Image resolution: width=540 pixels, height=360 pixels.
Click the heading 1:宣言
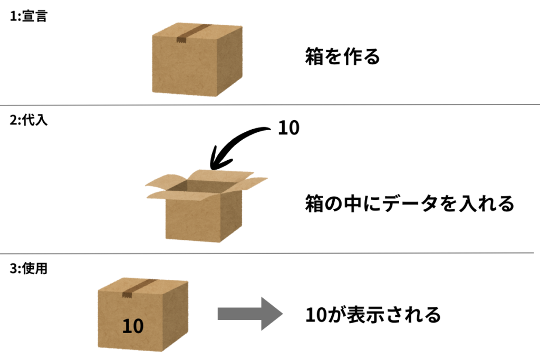click(28, 16)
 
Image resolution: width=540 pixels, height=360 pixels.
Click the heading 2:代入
click(28, 121)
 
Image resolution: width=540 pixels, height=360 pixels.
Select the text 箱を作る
click(342, 57)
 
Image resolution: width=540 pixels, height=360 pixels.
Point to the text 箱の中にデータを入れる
click(409, 203)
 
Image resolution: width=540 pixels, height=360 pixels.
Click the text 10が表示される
click(373, 315)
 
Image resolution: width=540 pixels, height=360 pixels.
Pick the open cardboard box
click(203, 208)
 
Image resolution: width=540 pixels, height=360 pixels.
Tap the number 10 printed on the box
click(133, 326)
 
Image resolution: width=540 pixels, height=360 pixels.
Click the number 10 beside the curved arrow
click(288, 128)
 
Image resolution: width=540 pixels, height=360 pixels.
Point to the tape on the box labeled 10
click(131, 290)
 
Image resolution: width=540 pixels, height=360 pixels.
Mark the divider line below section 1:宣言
click(270, 105)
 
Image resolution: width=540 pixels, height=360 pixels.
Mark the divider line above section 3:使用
click(270, 253)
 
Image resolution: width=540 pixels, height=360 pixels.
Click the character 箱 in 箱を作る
click(315, 57)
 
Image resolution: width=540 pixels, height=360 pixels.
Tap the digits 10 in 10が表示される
click(315, 315)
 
